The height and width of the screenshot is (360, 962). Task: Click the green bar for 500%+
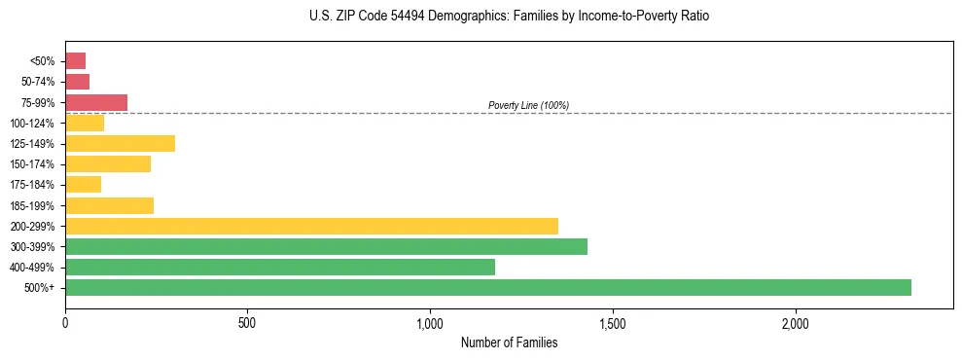pyautogui.click(x=487, y=287)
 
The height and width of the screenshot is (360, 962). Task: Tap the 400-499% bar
pyautogui.click(x=280, y=267)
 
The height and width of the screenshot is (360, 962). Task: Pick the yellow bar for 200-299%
pyautogui.click(x=311, y=226)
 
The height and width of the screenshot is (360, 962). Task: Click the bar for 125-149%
pyautogui.click(x=120, y=143)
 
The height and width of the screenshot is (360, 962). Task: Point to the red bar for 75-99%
pyautogui.click(x=96, y=102)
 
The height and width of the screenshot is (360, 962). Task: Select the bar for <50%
pyautogui.click(x=75, y=60)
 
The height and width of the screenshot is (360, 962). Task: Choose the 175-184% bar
pyautogui.click(x=83, y=185)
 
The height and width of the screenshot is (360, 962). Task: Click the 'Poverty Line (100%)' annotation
pyautogui.click(x=528, y=105)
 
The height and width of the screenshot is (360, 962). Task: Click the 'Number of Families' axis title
pyautogui.click(x=509, y=342)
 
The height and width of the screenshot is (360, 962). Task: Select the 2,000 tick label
pyautogui.click(x=795, y=322)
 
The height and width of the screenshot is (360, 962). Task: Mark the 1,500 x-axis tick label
pyautogui.click(x=613, y=322)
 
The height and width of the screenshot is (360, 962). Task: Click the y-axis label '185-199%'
pyautogui.click(x=32, y=205)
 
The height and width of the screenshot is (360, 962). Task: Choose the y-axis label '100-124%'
pyautogui.click(x=32, y=123)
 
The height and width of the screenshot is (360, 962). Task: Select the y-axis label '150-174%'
pyautogui.click(x=32, y=164)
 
